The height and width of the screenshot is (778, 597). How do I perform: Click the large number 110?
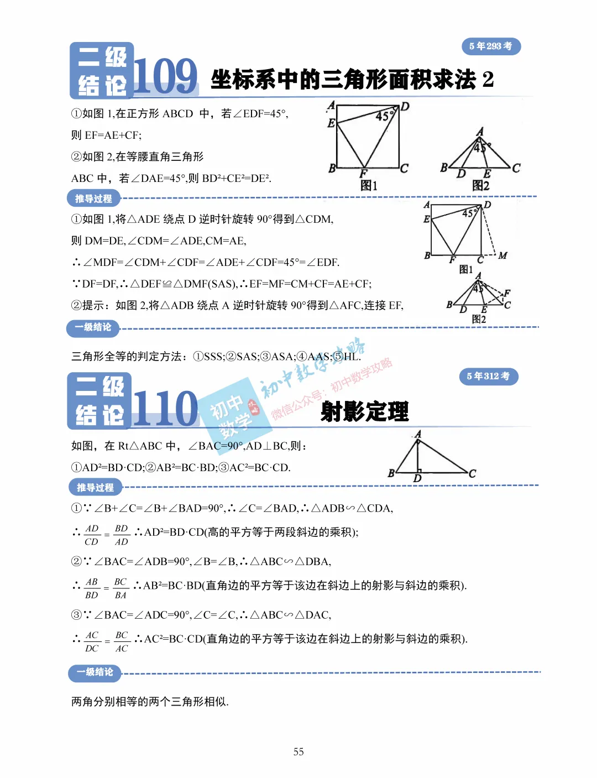pyautogui.click(x=165, y=409)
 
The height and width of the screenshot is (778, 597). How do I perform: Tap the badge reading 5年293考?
pyautogui.click(x=491, y=46)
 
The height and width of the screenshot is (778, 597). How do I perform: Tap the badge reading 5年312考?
pyautogui.click(x=489, y=377)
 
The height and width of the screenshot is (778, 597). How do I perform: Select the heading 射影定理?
pyautogui.click(x=365, y=412)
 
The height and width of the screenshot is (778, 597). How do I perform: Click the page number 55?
pyautogui.click(x=298, y=751)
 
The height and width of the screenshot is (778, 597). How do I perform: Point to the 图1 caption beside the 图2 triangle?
pyautogui.click(x=369, y=186)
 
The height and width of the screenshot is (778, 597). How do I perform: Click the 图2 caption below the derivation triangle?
pyautogui.click(x=479, y=319)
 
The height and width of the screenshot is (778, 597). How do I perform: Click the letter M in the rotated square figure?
pyautogui.click(x=502, y=255)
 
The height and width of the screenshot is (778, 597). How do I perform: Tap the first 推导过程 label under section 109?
pyautogui.click(x=93, y=199)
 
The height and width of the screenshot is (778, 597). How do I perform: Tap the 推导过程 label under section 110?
pyautogui.click(x=95, y=487)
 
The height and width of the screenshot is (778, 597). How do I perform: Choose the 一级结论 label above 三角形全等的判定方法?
pyautogui.click(x=93, y=327)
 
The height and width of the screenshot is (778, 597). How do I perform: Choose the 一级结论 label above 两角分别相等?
pyautogui.click(x=95, y=672)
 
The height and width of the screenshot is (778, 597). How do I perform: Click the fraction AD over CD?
pyautogui.click(x=92, y=535)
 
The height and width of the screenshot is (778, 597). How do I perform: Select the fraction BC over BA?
pyautogui.click(x=121, y=588)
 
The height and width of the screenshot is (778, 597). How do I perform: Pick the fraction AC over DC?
pyautogui.click(x=92, y=642)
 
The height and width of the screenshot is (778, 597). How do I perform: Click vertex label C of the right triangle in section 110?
pyautogui.click(x=472, y=474)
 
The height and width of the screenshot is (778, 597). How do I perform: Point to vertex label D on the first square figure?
pyautogui.click(x=405, y=107)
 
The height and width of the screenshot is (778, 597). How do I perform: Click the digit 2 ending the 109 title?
pyautogui.click(x=488, y=80)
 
